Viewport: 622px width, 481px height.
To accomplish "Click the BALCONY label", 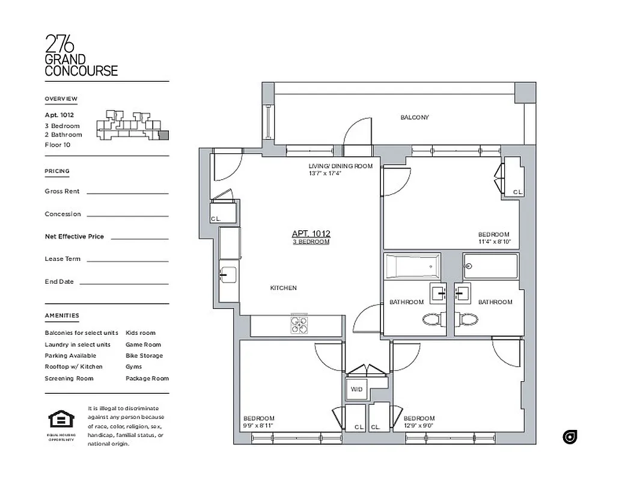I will [x=415, y=118].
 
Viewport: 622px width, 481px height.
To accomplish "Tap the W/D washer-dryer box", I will [x=356, y=390].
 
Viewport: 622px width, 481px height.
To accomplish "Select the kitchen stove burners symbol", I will [x=299, y=325].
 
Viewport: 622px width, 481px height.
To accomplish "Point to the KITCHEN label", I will [x=283, y=289].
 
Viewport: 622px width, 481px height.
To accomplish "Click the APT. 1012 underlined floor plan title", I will [x=311, y=234].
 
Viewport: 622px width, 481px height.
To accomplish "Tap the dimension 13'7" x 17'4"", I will [x=325, y=173].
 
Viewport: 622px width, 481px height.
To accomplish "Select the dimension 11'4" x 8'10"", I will [x=495, y=242].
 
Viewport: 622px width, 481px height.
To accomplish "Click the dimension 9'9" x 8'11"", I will [x=258, y=426].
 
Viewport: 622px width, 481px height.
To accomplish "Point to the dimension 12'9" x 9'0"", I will [x=419, y=426].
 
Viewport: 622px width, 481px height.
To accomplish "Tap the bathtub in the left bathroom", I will [x=413, y=266].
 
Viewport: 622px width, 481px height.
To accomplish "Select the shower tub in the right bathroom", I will [x=490, y=266].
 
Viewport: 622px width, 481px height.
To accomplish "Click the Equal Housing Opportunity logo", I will [x=61, y=420].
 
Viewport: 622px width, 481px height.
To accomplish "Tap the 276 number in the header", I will [x=61, y=44].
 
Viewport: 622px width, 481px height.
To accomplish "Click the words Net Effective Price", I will [x=74, y=237].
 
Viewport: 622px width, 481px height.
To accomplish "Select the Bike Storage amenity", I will [x=144, y=356].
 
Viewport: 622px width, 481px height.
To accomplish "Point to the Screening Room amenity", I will [x=69, y=379].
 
